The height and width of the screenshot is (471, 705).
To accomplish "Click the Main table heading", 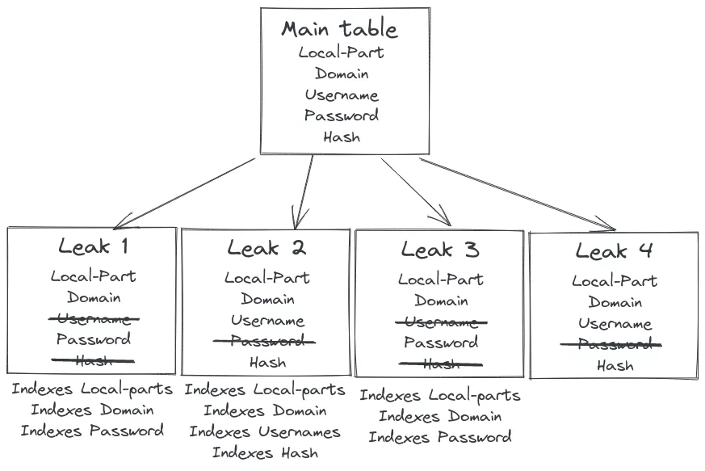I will (339, 30).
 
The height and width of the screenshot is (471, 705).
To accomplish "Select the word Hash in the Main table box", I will (342, 137).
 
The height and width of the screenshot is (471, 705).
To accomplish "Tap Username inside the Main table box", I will (342, 95).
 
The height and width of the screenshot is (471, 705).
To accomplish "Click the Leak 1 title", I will (93, 246).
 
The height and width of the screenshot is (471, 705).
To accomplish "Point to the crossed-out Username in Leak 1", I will (93, 318).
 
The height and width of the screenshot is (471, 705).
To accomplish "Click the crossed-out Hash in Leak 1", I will (93, 360).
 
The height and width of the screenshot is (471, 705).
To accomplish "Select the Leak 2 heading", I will (266, 248).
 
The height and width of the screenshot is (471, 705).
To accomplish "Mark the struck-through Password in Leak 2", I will (266, 341).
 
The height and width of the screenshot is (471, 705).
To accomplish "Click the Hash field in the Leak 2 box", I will (266, 362).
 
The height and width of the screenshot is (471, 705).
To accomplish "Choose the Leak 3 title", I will (440, 250).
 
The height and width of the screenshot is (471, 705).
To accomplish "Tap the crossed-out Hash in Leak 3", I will (441, 364).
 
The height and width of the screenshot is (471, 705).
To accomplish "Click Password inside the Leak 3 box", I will (441, 343).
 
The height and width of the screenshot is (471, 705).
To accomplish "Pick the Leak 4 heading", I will (614, 251).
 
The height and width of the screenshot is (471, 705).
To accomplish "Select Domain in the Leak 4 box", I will (615, 303).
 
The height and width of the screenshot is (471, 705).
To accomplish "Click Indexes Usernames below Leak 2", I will (265, 432).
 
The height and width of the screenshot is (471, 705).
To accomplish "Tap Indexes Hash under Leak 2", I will (265, 453).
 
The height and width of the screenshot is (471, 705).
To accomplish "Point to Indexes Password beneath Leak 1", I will (92, 431).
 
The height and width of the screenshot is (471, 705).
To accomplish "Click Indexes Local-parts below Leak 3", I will (440, 396).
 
